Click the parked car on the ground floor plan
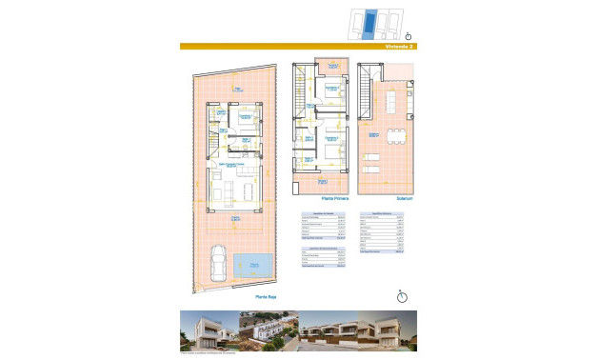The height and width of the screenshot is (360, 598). [x=217, y=263]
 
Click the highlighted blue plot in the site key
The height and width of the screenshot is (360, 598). [x=374, y=21]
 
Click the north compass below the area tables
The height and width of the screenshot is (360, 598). [x=401, y=296]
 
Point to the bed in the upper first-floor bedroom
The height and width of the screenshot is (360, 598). [x=333, y=94]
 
